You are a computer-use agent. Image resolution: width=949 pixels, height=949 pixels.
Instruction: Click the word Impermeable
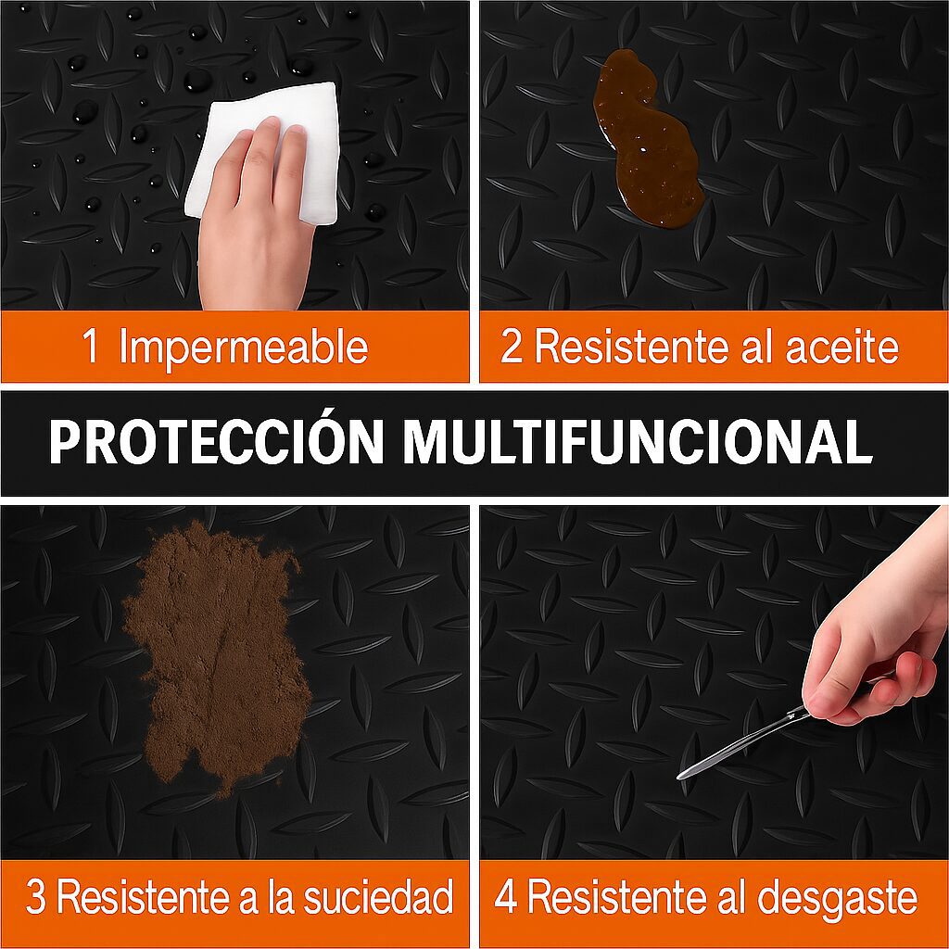pos(244,348)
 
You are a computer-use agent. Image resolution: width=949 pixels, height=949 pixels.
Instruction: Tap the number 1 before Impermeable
pos(90,346)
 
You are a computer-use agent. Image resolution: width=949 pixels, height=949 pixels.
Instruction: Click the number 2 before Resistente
pos(512,347)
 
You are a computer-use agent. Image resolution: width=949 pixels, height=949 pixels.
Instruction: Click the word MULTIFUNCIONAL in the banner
pos(638,441)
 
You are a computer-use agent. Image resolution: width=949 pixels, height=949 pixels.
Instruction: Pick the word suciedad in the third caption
pos(378,896)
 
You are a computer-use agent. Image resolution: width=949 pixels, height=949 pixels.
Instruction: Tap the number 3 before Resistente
pos(36,897)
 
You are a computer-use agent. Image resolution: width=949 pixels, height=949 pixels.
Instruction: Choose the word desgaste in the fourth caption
pos(837,898)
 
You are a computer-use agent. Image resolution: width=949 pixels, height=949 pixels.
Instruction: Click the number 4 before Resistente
pos(506,896)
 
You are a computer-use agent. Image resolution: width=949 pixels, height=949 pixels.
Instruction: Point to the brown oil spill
pos(646,138)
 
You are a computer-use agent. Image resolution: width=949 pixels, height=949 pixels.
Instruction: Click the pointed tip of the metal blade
pos(679,777)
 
